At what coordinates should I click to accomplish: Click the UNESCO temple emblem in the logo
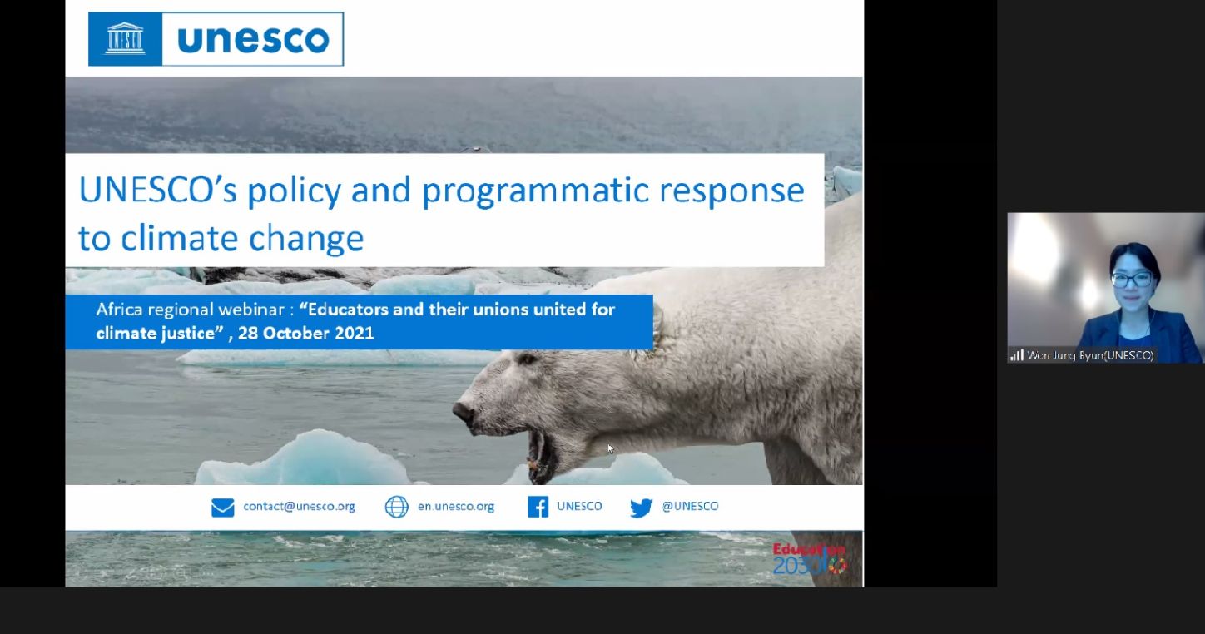pos(125,39)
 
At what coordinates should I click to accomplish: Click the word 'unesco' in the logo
pos(253,39)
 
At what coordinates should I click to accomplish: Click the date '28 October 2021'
pos(305,334)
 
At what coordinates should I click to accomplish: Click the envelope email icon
pos(223,507)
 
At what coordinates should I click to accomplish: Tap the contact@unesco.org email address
pos(299,507)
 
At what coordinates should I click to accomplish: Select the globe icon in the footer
pos(396,507)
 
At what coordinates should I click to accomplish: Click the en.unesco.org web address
pos(456,507)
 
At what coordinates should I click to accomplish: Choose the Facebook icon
pos(538,507)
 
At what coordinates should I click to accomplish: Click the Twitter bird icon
pos(642,508)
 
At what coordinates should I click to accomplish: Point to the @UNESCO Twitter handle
pos(690,506)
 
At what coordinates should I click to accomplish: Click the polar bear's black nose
pos(464,413)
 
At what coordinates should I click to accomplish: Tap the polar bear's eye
pos(527,359)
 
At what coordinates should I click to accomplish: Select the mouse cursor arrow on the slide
pos(611,449)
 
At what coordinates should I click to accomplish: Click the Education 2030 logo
pos(810,559)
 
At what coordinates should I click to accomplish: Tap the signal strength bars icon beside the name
pos(1017,355)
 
